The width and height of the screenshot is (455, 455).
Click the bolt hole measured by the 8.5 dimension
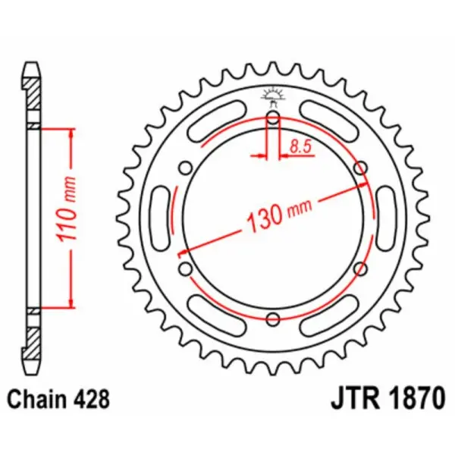click(273, 118)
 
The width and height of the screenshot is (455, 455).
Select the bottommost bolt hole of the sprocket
click(273, 318)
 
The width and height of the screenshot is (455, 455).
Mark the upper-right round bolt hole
click(359, 167)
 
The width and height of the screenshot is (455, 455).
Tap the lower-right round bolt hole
click(359, 268)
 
